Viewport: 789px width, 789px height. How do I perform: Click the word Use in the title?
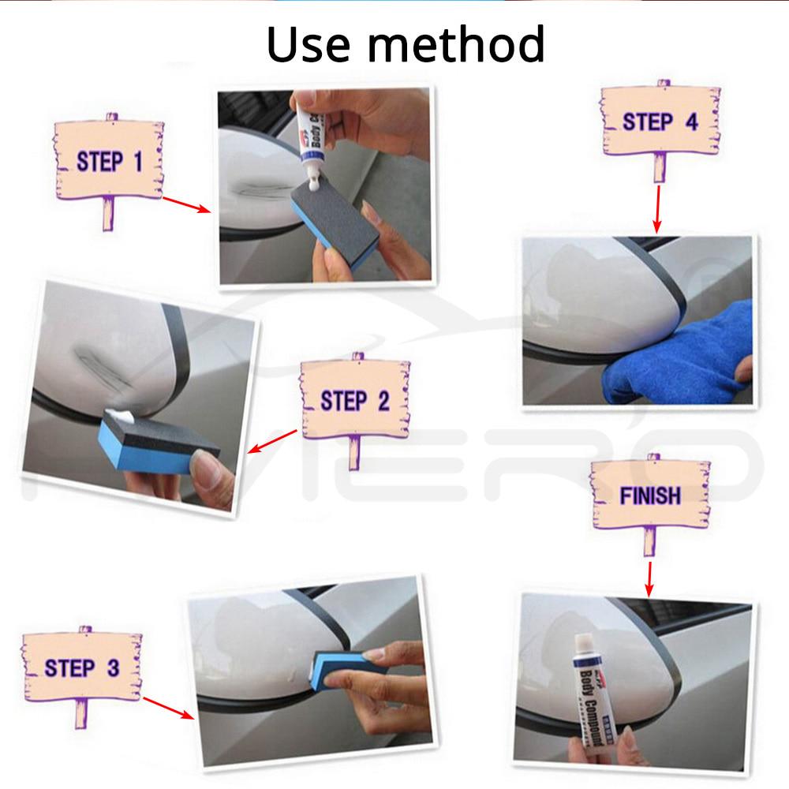click(307, 45)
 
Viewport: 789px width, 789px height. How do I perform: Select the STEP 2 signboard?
click(354, 400)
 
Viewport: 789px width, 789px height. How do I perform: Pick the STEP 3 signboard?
click(81, 667)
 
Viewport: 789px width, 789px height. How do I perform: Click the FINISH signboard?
click(649, 495)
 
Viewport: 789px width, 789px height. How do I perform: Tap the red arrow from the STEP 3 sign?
click(169, 708)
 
